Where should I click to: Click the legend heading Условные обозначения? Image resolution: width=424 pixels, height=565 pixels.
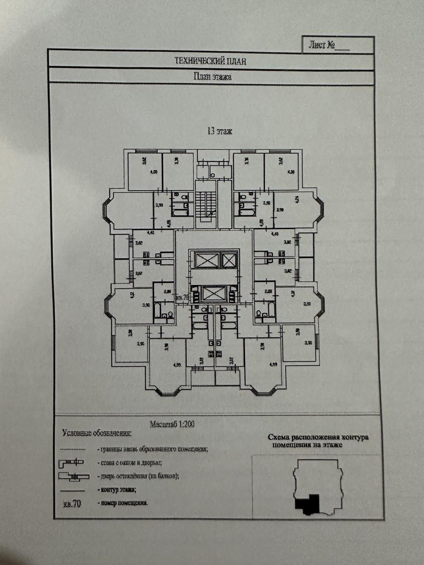coord(97,433)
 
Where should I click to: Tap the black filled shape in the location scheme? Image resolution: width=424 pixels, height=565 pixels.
coord(308,504)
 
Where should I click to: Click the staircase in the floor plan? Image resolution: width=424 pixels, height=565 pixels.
coord(206,206)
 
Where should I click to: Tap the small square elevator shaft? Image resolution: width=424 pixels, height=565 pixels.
coord(229,260)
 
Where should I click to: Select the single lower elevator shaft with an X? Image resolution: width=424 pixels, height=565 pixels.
coord(213,294)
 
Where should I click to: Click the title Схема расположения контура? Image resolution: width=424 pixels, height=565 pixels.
coord(318,438)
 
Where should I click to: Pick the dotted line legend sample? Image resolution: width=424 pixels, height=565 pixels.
coord(72,449)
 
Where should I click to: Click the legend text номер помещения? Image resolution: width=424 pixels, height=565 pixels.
coord(124,503)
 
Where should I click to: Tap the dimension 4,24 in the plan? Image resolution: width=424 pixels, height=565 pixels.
coord(297,199)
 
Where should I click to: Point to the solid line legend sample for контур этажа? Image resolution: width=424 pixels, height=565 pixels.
coord(72,490)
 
